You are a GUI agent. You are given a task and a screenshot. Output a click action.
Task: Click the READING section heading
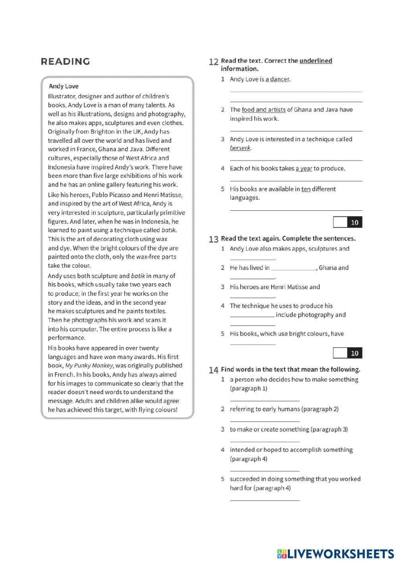click(65, 62)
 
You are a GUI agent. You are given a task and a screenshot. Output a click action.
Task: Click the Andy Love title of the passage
click(64, 86)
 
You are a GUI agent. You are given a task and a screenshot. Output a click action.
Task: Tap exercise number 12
click(214, 62)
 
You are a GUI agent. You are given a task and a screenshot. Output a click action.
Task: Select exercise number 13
click(214, 239)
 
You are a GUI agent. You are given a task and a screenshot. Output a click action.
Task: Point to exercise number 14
click(214, 370)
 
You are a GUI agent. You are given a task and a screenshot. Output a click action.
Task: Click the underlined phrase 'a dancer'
click(278, 80)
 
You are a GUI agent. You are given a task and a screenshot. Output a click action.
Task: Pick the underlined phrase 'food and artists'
click(264, 110)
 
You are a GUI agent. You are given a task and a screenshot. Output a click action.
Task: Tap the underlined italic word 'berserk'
click(240, 148)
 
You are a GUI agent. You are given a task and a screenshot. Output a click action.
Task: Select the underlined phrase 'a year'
click(304, 169)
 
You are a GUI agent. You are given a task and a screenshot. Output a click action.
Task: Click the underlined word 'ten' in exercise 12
click(306, 189)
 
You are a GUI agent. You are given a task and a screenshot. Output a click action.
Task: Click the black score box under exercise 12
click(355, 222)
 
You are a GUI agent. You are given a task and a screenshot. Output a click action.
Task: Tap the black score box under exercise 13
click(355, 353)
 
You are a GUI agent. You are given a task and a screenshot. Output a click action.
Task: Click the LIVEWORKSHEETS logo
click(335, 554)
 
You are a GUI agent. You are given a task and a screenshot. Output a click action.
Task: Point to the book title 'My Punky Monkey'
click(89, 366)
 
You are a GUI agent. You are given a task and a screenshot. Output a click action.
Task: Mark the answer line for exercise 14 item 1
click(265, 401)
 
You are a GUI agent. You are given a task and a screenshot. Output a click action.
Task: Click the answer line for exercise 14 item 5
click(265, 500)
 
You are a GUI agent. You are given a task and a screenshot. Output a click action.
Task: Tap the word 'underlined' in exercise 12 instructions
click(316, 61)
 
